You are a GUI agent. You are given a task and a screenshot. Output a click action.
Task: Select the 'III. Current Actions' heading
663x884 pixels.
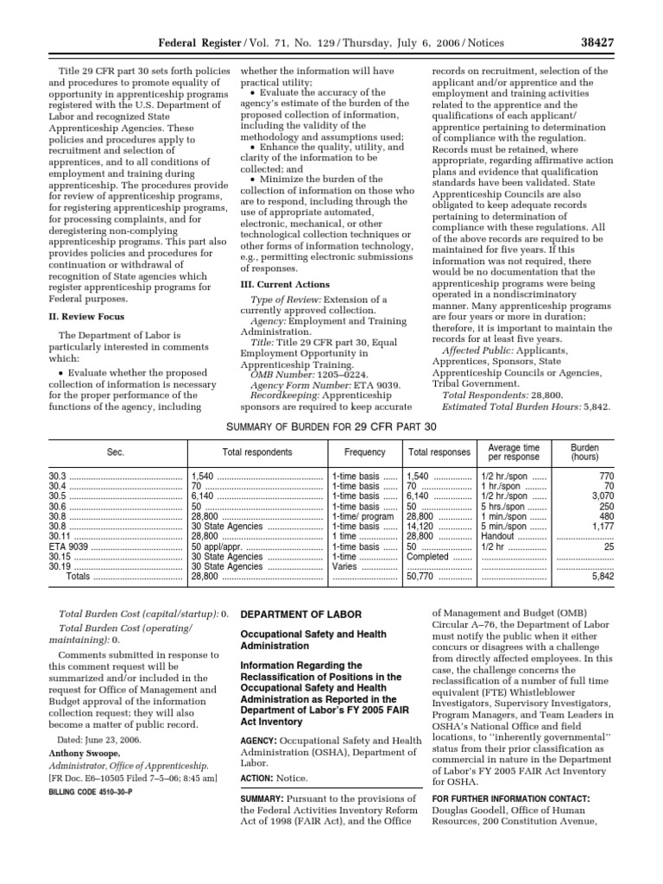point(284,284)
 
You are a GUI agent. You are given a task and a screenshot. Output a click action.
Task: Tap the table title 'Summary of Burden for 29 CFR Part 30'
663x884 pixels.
point(331,426)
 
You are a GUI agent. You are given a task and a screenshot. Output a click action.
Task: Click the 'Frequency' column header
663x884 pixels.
point(364,451)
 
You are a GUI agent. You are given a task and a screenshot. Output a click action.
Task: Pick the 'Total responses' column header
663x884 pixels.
point(439,451)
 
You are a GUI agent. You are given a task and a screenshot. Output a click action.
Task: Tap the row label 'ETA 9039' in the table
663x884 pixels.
point(69,546)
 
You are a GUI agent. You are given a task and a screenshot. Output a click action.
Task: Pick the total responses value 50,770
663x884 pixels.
point(423,577)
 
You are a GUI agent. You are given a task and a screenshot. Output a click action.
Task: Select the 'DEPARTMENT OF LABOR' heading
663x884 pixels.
point(300,614)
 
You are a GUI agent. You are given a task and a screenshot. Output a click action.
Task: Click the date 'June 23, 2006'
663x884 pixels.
point(114,739)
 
